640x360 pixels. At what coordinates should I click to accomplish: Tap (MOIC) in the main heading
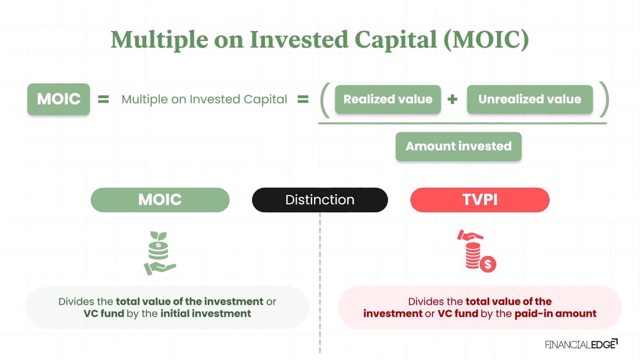coord(486,40)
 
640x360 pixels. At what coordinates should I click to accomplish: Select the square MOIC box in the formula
coord(59,99)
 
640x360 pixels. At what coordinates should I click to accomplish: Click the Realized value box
coord(388,99)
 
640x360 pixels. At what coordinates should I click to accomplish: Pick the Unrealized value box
coord(530,99)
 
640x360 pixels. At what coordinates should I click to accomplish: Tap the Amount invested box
coord(459,146)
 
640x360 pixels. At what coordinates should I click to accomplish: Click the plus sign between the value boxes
coord(452,99)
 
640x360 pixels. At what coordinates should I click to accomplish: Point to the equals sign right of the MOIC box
coord(103,99)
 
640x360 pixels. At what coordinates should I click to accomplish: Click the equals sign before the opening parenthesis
coord(303,99)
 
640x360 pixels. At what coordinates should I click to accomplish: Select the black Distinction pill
coord(319,199)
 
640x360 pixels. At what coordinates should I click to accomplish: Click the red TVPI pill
coord(479,199)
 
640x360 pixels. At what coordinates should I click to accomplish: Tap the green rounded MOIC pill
coord(160,199)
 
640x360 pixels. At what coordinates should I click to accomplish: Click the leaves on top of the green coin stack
coord(158,236)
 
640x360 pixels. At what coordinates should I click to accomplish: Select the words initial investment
coord(206,314)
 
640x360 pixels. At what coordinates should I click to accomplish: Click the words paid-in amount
coord(555,314)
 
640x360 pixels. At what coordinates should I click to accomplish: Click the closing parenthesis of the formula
coord(604,99)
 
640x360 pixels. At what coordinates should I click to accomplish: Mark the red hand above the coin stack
coord(470,235)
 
